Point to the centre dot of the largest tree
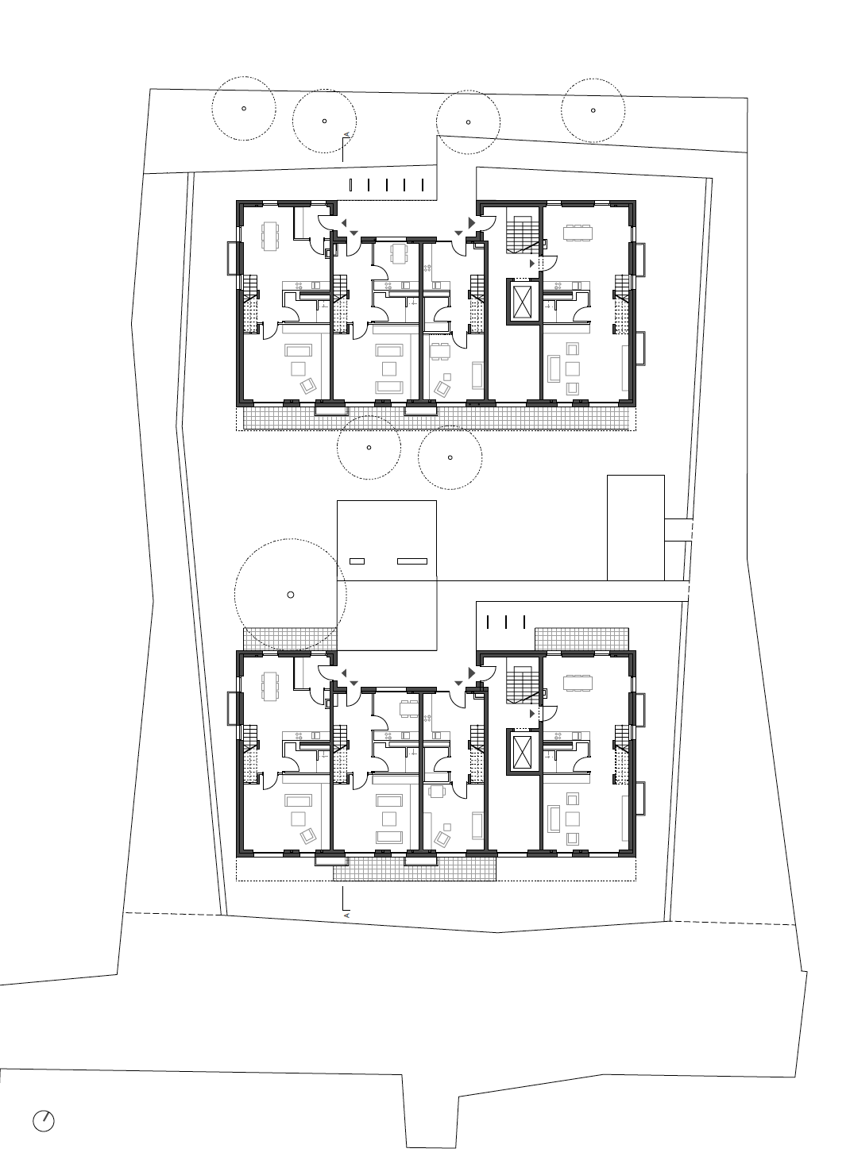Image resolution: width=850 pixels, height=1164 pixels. [291, 595]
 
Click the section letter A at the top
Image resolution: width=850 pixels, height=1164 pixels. [346, 135]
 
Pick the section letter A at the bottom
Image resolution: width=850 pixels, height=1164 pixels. [346, 915]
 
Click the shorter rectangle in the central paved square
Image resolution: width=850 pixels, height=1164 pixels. [357, 561]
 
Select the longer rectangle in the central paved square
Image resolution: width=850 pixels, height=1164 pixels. [412, 561]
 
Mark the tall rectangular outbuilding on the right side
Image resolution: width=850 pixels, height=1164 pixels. [636, 527]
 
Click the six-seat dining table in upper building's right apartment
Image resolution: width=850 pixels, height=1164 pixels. [578, 233]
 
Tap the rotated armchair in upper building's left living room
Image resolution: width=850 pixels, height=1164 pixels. [308, 385]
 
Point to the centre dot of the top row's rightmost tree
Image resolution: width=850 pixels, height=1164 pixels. [593, 110]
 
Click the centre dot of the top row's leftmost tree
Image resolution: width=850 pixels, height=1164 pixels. [244, 109]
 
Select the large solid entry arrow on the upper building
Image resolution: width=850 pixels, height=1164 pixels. [472, 222]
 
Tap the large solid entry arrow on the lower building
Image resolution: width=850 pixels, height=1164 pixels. [472, 673]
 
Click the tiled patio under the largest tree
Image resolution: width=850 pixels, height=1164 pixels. [290, 639]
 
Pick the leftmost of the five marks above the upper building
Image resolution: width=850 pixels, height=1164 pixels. [351, 184]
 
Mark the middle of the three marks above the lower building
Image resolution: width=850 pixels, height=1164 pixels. [506, 622]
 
